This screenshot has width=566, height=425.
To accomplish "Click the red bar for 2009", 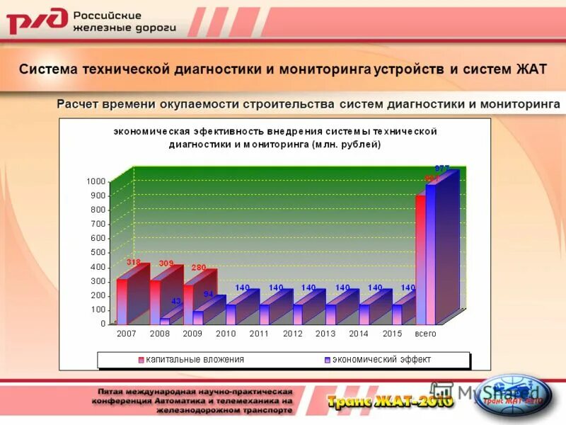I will coord(189,297).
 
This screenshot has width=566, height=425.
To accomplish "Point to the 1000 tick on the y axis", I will coord(97,181).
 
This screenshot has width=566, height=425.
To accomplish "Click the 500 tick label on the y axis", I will coord(98,252).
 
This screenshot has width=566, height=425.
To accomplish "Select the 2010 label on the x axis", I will coord(226,333).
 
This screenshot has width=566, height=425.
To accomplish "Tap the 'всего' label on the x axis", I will coord(425,333).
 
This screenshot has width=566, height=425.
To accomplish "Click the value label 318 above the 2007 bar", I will coord(133,262).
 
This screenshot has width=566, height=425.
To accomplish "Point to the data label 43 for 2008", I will coord(176,302).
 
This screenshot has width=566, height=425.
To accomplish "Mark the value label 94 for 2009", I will coord(209,293).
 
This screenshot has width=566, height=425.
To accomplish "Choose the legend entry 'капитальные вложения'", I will coord(195,360).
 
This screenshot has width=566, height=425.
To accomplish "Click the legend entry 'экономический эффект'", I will coord(381,360).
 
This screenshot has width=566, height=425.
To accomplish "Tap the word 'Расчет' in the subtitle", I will coord(79,104).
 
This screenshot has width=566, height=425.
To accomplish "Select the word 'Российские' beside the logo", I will coord(108,15).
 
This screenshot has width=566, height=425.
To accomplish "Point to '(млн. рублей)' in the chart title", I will coord(347,144).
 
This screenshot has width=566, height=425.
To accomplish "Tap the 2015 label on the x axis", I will coord(392,333).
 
